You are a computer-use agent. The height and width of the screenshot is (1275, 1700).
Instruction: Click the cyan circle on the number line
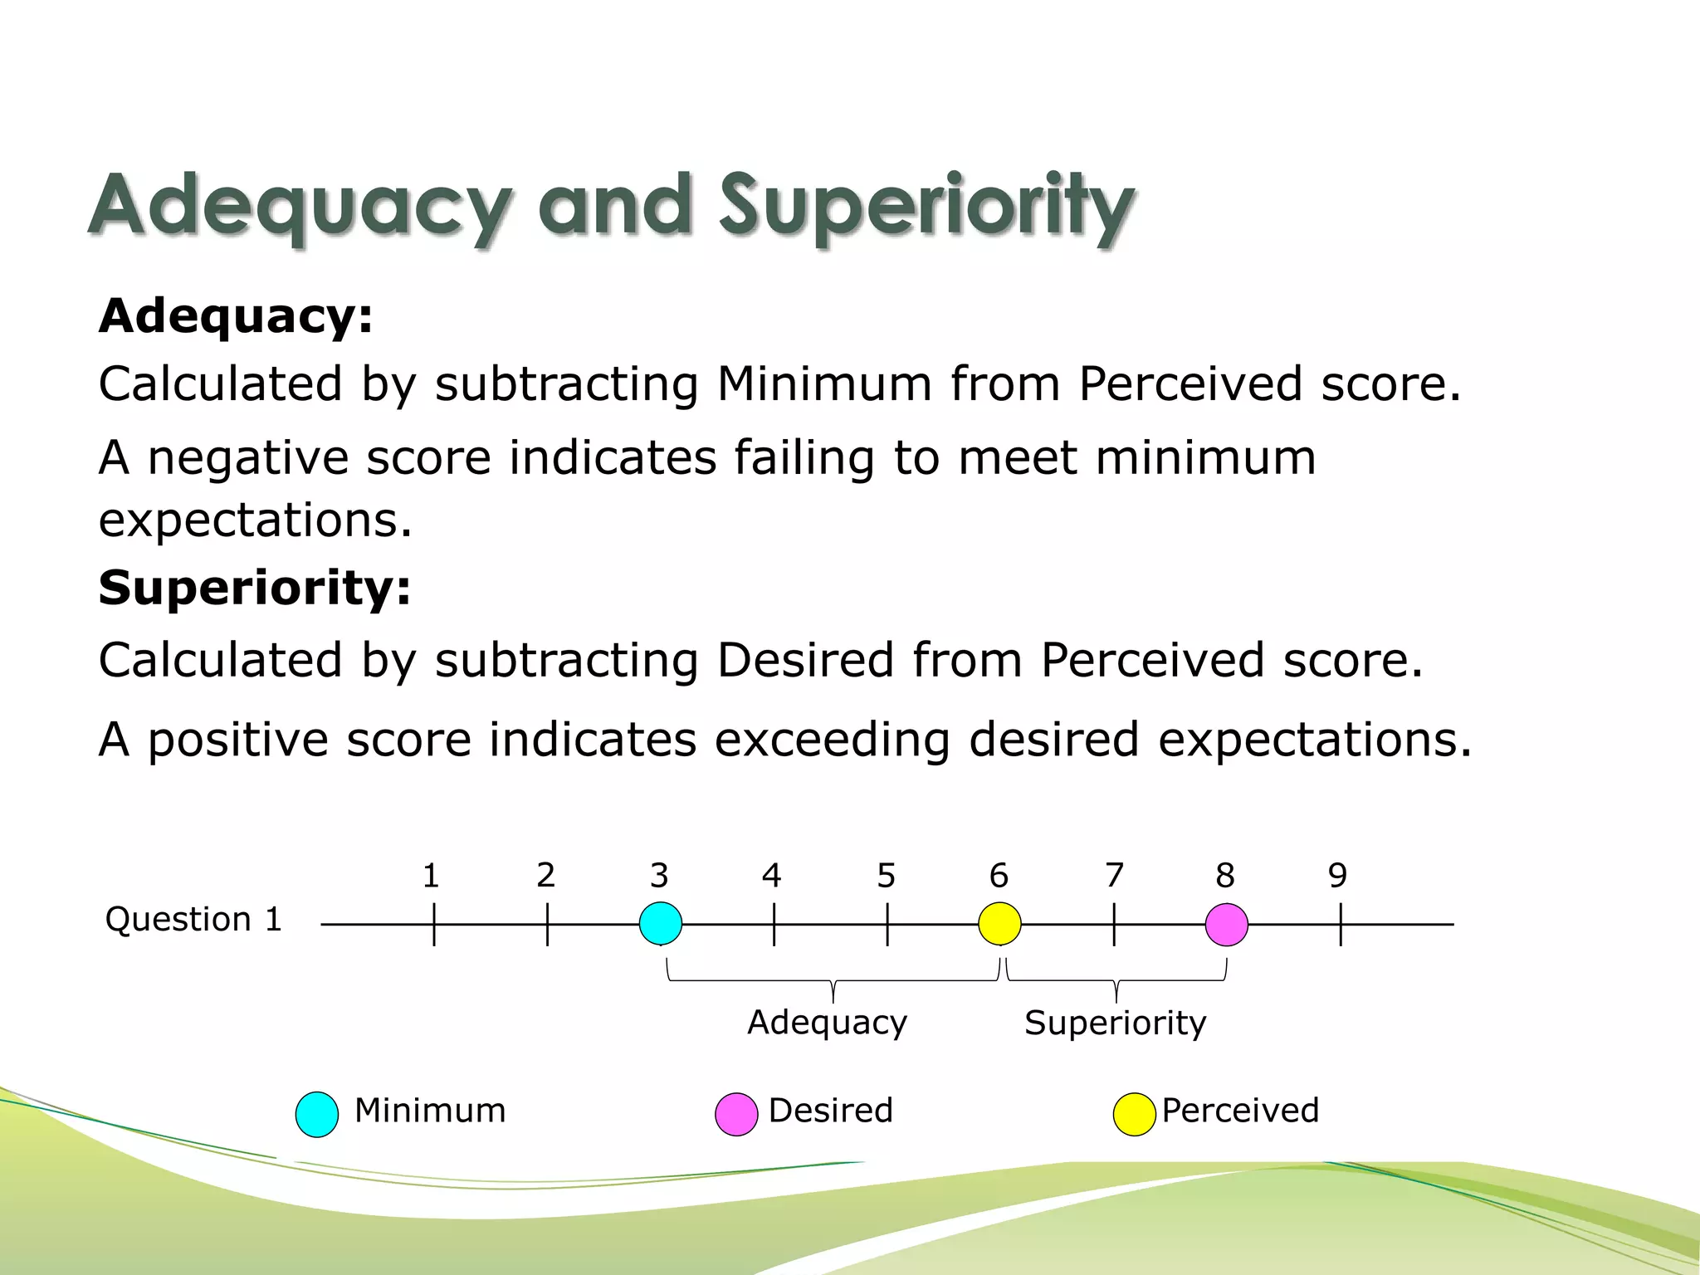click(661, 924)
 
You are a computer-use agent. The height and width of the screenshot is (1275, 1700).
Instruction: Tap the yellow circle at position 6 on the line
click(999, 924)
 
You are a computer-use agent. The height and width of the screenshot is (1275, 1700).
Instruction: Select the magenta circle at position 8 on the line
click(1226, 924)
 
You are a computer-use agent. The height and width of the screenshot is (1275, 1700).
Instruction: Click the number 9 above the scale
click(1337, 876)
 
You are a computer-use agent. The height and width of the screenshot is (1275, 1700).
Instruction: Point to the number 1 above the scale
click(430, 876)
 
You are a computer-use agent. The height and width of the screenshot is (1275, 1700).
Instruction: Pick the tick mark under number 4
click(774, 925)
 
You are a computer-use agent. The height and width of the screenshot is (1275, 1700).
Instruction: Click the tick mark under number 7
click(1114, 925)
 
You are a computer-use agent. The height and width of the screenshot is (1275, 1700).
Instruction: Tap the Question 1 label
click(193, 920)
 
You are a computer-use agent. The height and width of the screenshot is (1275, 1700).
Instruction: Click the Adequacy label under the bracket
click(827, 1023)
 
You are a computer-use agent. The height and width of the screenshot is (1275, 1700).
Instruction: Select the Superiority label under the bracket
click(1115, 1023)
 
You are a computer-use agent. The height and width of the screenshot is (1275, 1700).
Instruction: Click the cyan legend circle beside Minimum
click(317, 1114)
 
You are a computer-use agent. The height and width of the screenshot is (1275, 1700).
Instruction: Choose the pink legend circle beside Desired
click(736, 1114)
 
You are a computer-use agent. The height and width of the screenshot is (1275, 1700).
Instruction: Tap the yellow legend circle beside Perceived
click(1134, 1114)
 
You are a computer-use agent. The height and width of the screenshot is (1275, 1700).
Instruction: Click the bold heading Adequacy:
click(236, 316)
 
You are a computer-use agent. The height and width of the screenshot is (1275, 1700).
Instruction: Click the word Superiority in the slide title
click(926, 205)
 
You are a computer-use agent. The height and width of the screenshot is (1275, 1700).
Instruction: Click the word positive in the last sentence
click(237, 739)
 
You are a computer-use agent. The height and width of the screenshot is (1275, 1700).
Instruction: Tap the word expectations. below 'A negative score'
click(255, 521)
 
